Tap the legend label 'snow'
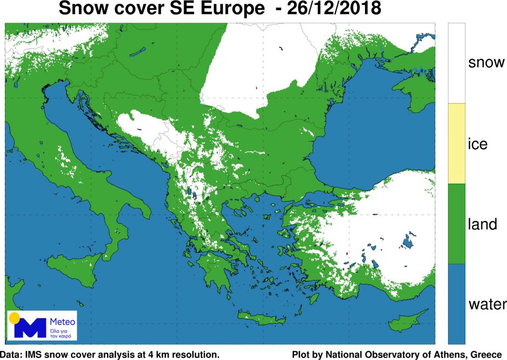coord(486,62)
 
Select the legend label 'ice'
coord(478,144)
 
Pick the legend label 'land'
coord(482,224)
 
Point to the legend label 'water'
coord(487,304)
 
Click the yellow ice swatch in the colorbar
coord(456,144)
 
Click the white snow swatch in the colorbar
coord(456,63)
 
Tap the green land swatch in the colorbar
coord(456,224)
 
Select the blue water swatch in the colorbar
coord(456,304)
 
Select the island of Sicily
coord(74,270)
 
